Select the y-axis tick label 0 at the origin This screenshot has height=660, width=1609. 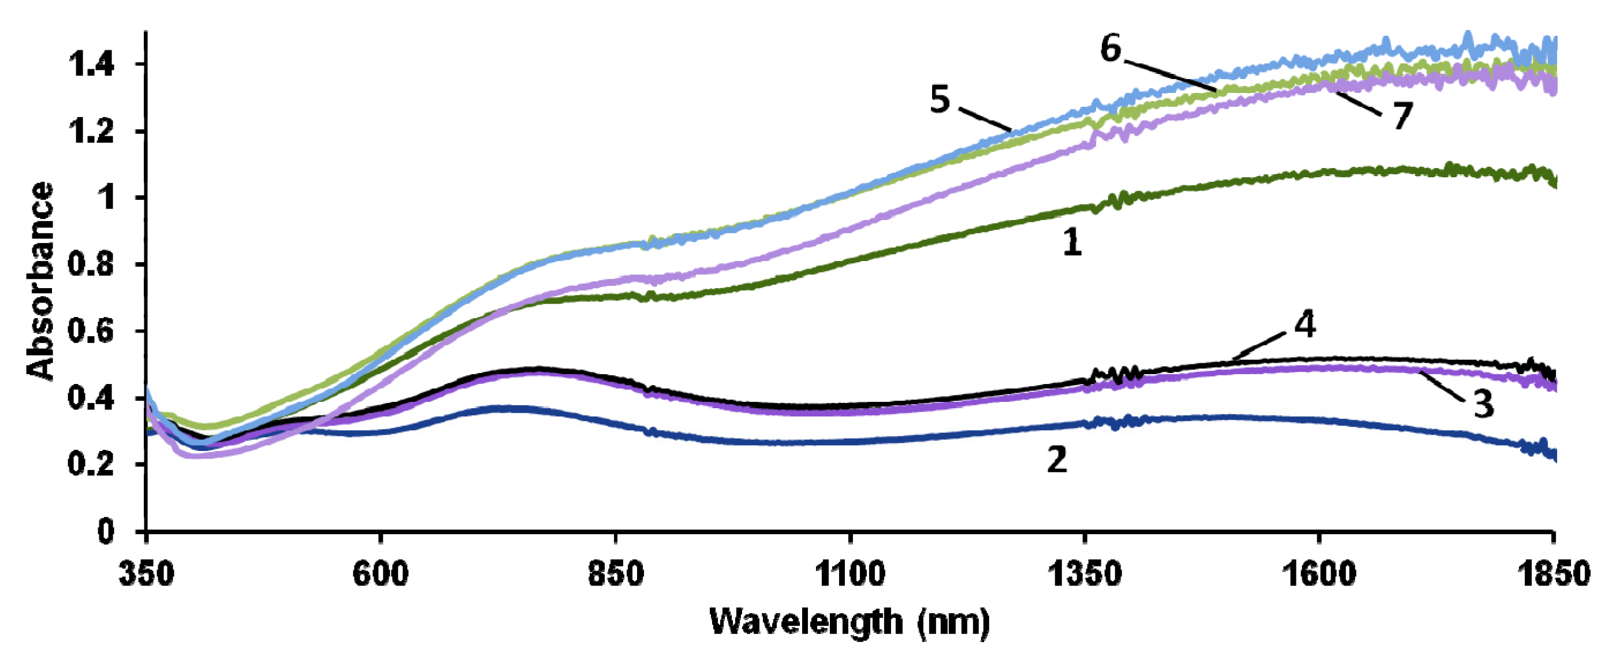106,531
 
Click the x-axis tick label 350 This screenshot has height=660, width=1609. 147,574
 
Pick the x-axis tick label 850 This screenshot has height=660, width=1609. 616,574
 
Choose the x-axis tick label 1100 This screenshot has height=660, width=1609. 850,574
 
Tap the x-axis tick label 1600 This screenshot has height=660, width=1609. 1319,574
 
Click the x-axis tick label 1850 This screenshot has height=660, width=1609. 1554,574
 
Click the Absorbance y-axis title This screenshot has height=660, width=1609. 41,281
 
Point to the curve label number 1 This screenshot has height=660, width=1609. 1072,243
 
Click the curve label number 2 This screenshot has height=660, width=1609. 1057,460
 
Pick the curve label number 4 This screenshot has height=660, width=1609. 1305,325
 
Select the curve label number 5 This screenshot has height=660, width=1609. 940,100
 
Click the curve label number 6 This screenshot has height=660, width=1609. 1111,49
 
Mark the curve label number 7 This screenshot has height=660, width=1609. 1403,116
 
